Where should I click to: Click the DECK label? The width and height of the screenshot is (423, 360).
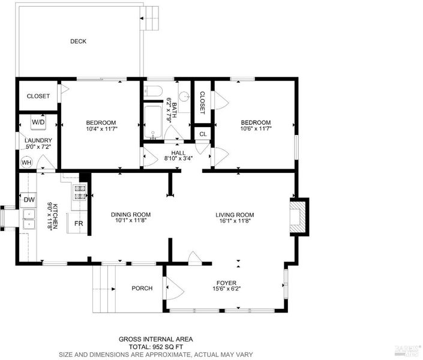pyautogui.click(x=78, y=41)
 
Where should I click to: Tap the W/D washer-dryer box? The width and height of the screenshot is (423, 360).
pyautogui.click(x=38, y=122)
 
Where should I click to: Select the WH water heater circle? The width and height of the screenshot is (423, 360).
pyautogui.click(x=26, y=163)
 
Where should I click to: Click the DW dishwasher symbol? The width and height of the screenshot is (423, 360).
pyautogui.click(x=29, y=200)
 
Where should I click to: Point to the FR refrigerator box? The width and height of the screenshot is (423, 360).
pyautogui.click(x=78, y=223)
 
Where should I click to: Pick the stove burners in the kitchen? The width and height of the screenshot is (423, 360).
pyautogui.click(x=80, y=193)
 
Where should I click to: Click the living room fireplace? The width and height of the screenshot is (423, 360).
pyautogui.click(x=299, y=217)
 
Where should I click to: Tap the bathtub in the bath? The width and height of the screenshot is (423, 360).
pyautogui.click(x=153, y=122)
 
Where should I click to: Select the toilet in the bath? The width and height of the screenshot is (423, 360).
pyautogui.click(x=152, y=91)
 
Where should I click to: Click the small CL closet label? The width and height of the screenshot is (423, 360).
pyautogui.click(x=203, y=134)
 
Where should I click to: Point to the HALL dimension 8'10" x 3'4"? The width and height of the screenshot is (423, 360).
pyautogui.click(x=178, y=158)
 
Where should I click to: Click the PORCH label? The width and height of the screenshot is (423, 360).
pyautogui.click(x=142, y=288)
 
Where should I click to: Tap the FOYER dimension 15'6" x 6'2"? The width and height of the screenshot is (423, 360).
pyautogui.click(x=227, y=289)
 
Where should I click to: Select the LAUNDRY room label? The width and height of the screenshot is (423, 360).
pyautogui.click(x=38, y=140)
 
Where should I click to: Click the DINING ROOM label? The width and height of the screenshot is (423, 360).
pyautogui.click(x=131, y=215)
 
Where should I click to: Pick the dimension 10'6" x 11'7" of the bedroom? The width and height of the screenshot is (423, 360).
pyautogui.click(x=256, y=128)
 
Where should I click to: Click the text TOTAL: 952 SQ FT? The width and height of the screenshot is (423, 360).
pyautogui.click(x=156, y=347)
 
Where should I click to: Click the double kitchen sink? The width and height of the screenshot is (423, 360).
pyautogui.click(x=29, y=219)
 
